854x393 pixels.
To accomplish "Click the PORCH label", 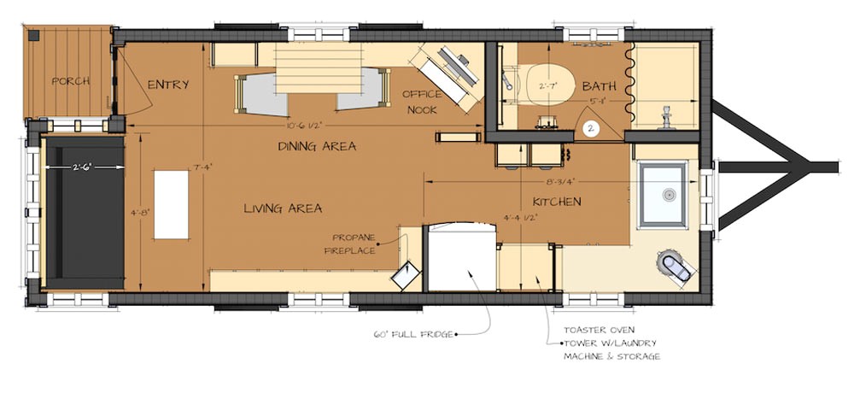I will pyautogui.click(x=71, y=82).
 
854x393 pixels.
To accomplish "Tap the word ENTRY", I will pyautogui.click(x=167, y=85).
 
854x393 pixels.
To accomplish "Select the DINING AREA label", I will pyautogui.click(x=317, y=146).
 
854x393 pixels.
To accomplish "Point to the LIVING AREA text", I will pyautogui.click(x=283, y=208).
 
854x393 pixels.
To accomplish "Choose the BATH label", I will pyautogui.click(x=600, y=87).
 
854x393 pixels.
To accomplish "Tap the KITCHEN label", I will pyautogui.click(x=557, y=202).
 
